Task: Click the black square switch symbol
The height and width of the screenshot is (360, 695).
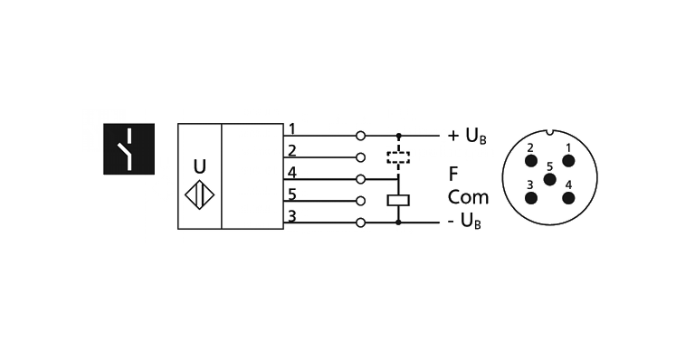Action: click(129, 149)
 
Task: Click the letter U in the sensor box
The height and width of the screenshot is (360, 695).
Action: click(199, 167)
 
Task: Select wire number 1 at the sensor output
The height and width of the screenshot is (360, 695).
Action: click(291, 129)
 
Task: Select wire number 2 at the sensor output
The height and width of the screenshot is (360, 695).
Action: click(291, 150)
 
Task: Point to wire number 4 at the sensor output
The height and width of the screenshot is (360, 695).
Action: click(291, 172)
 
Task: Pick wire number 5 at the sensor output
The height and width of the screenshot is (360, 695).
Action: click(291, 194)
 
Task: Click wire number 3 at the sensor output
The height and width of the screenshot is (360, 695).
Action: click(291, 215)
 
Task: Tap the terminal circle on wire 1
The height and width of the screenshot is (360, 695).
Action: click(361, 136)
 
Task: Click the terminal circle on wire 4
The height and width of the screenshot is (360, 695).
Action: click(361, 179)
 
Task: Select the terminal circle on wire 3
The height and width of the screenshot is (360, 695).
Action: click(361, 223)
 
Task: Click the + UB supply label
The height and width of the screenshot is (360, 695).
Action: click(468, 137)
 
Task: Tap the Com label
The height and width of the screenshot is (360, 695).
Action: click(468, 196)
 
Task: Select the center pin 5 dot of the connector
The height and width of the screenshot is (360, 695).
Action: click(548, 179)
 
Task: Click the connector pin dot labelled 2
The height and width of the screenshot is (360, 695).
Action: click(530, 161)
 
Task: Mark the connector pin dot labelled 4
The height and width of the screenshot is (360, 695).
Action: click(567, 198)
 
